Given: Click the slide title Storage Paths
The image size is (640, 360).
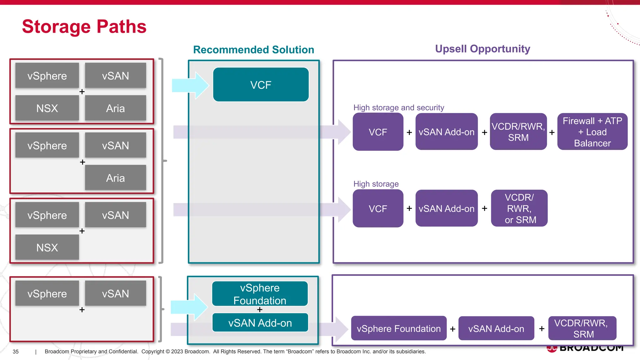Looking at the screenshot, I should click(84, 27).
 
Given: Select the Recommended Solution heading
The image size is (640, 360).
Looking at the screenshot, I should click(253, 50).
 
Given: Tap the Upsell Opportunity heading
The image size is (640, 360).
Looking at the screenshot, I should click(482, 49).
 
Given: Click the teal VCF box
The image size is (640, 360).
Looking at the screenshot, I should click(261, 85).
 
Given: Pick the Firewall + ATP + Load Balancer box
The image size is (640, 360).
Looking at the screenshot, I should click(592, 132).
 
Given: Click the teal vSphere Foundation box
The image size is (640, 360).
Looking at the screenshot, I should click(260, 293).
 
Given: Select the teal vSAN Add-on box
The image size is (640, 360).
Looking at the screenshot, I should click(260, 323).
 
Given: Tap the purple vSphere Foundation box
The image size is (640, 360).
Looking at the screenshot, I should click(398, 328).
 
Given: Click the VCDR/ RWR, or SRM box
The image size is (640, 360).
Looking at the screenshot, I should click(519, 208).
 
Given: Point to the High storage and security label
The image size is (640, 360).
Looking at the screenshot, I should click(398, 107).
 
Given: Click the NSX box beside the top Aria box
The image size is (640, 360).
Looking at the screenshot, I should click(47, 108).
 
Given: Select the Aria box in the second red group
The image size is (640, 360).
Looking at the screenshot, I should click(115, 178).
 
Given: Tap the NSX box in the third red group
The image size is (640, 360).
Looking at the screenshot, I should click(47, 247).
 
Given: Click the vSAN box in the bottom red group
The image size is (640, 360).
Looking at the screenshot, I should click(115, 293).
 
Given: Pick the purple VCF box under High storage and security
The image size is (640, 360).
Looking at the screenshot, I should click(378, 132).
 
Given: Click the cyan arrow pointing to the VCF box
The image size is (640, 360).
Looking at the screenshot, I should click(190, 85).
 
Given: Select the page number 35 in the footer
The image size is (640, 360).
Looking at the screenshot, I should click(16, 352).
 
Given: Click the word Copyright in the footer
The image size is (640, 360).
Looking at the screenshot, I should click(152, 352).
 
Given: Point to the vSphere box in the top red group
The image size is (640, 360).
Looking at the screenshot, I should click(47, 76).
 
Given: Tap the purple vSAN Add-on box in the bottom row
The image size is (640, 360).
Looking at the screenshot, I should click(496, 328).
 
